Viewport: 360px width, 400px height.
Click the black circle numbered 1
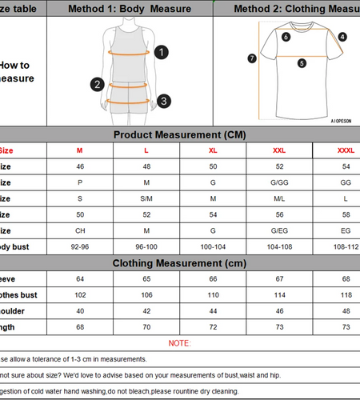click(162, 52)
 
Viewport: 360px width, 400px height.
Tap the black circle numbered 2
click(97, 84)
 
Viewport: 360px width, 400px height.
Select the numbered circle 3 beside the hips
click(162, 101)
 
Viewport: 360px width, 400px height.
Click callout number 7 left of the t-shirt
click(252, 58)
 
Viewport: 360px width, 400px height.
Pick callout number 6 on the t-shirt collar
click(286, 36)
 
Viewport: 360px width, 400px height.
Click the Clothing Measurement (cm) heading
click(179, 262)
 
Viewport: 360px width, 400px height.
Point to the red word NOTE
click(179, 342)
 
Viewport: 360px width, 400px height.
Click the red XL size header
click(213, 150)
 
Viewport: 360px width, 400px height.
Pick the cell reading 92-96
click(79, 246)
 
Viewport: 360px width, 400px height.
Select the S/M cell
click(146, 198)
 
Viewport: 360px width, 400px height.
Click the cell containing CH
click(79, 230)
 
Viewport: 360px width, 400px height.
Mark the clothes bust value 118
click(346, 294)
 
